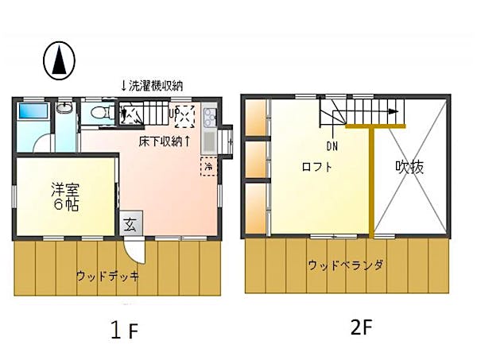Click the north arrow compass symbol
pos(58,60)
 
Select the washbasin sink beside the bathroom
pos(65,110)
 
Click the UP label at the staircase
pos(172,112)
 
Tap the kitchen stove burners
pos(210,119)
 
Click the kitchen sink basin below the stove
pos(210,142)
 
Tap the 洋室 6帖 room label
pos(65,196)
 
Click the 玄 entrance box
pos(129,224)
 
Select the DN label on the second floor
pos(332,145)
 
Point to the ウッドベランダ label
pos(346,265)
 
